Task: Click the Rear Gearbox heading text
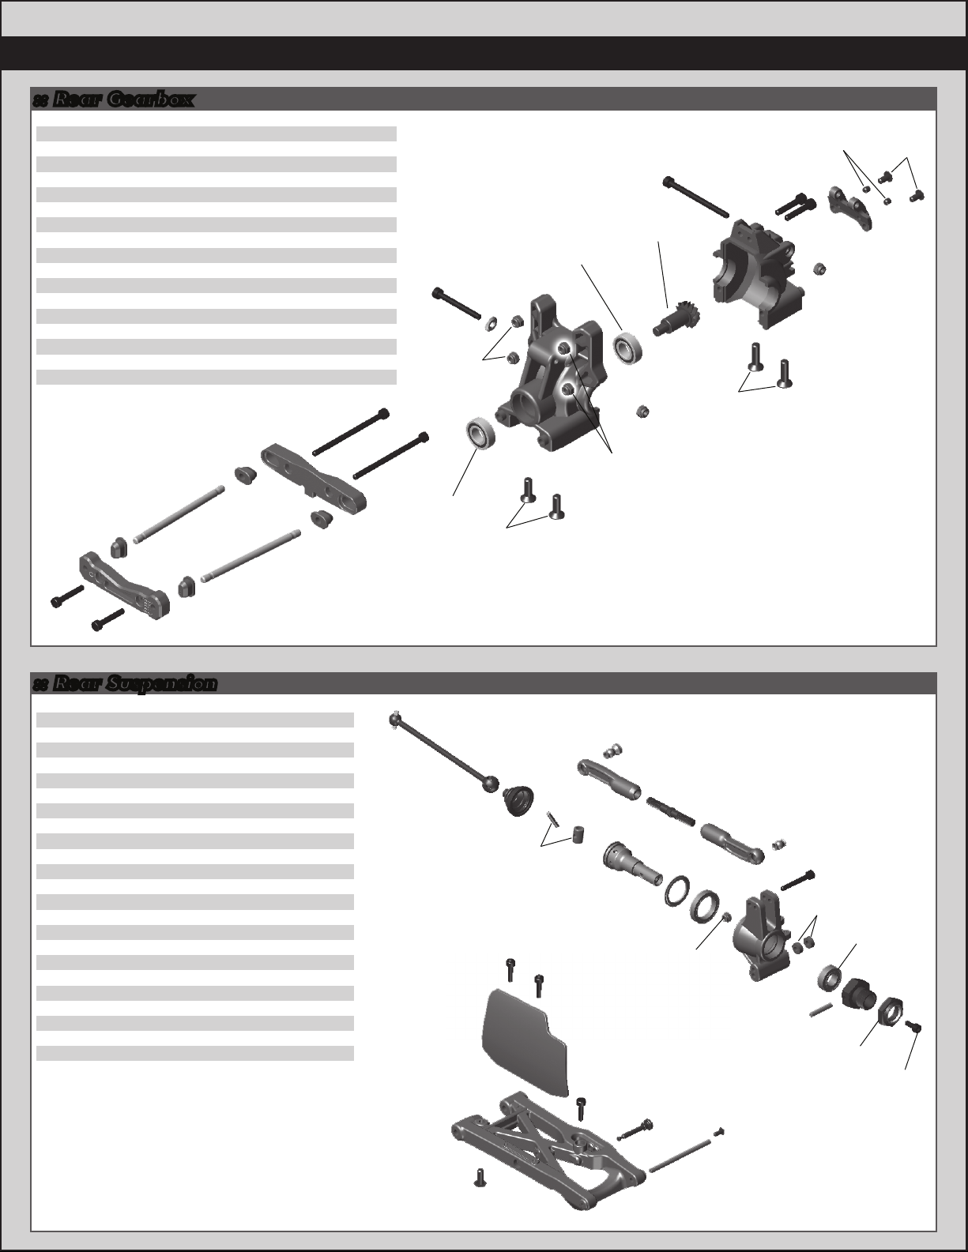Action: click(122, 100)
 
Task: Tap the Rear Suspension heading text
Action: click(134, 683)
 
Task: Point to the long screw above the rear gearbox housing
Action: click(697, 197)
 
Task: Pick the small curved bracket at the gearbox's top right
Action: click(850, 208)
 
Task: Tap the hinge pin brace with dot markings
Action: click(125, 582)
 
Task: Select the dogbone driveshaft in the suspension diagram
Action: click(442, 753)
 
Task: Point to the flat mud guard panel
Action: click(525, 1036)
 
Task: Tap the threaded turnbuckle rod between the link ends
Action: click(671, 810)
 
